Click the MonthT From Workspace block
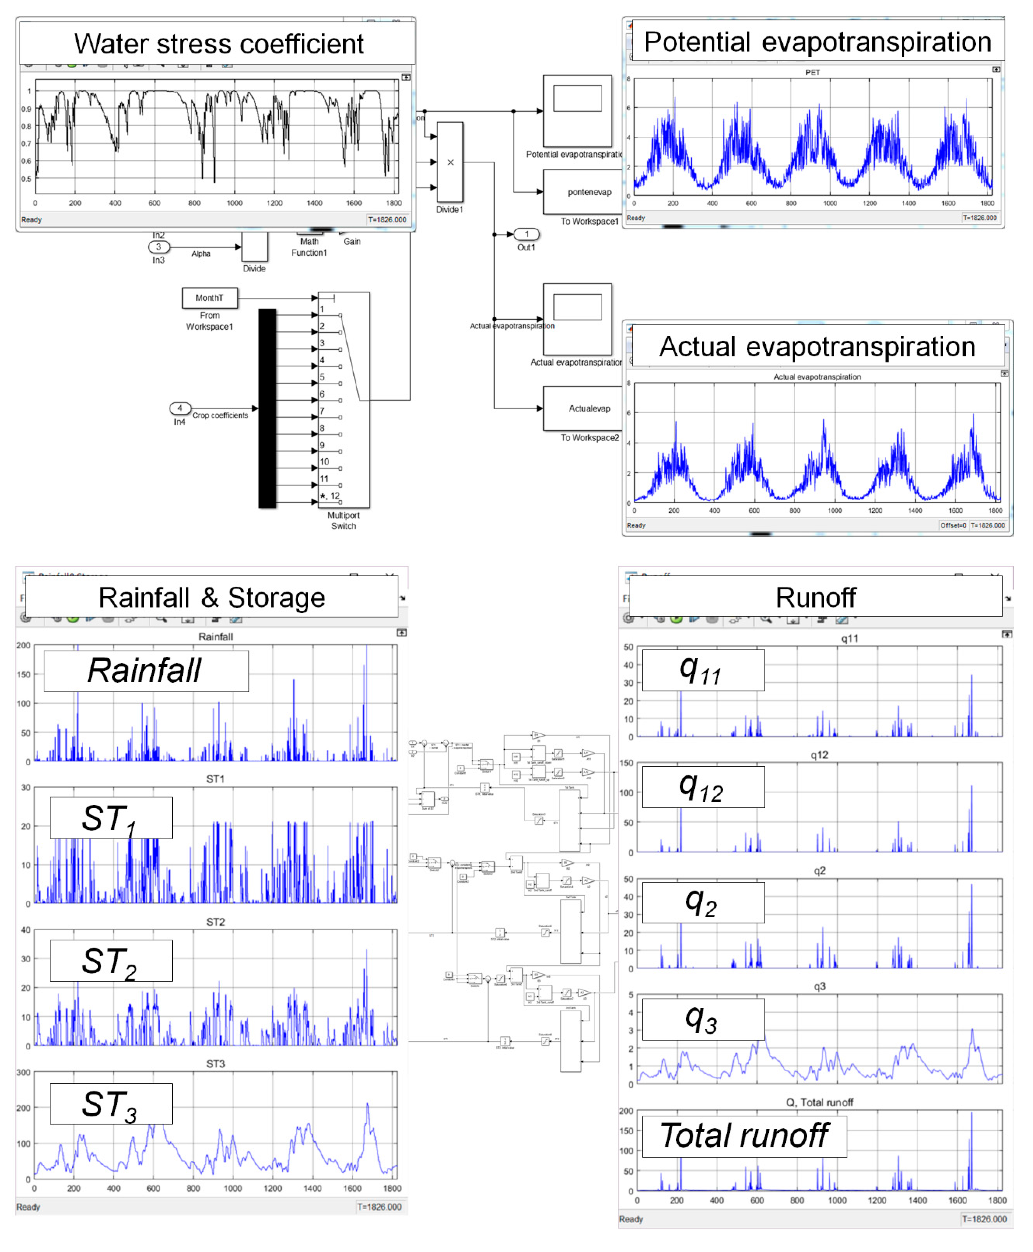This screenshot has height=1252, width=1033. tap(209, 298)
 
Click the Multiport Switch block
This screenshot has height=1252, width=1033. tap(343, 400)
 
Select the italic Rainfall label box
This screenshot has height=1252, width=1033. tap(146, 671)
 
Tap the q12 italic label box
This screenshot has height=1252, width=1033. tap(703, 787)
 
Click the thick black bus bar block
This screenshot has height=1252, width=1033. tap(267, 408)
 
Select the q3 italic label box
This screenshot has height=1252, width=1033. tap(703, 1019)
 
